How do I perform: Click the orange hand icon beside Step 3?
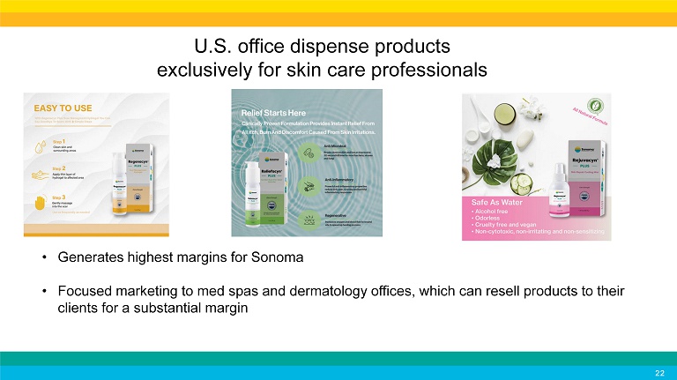pos(36,204)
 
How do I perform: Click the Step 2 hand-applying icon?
pos(36,173)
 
